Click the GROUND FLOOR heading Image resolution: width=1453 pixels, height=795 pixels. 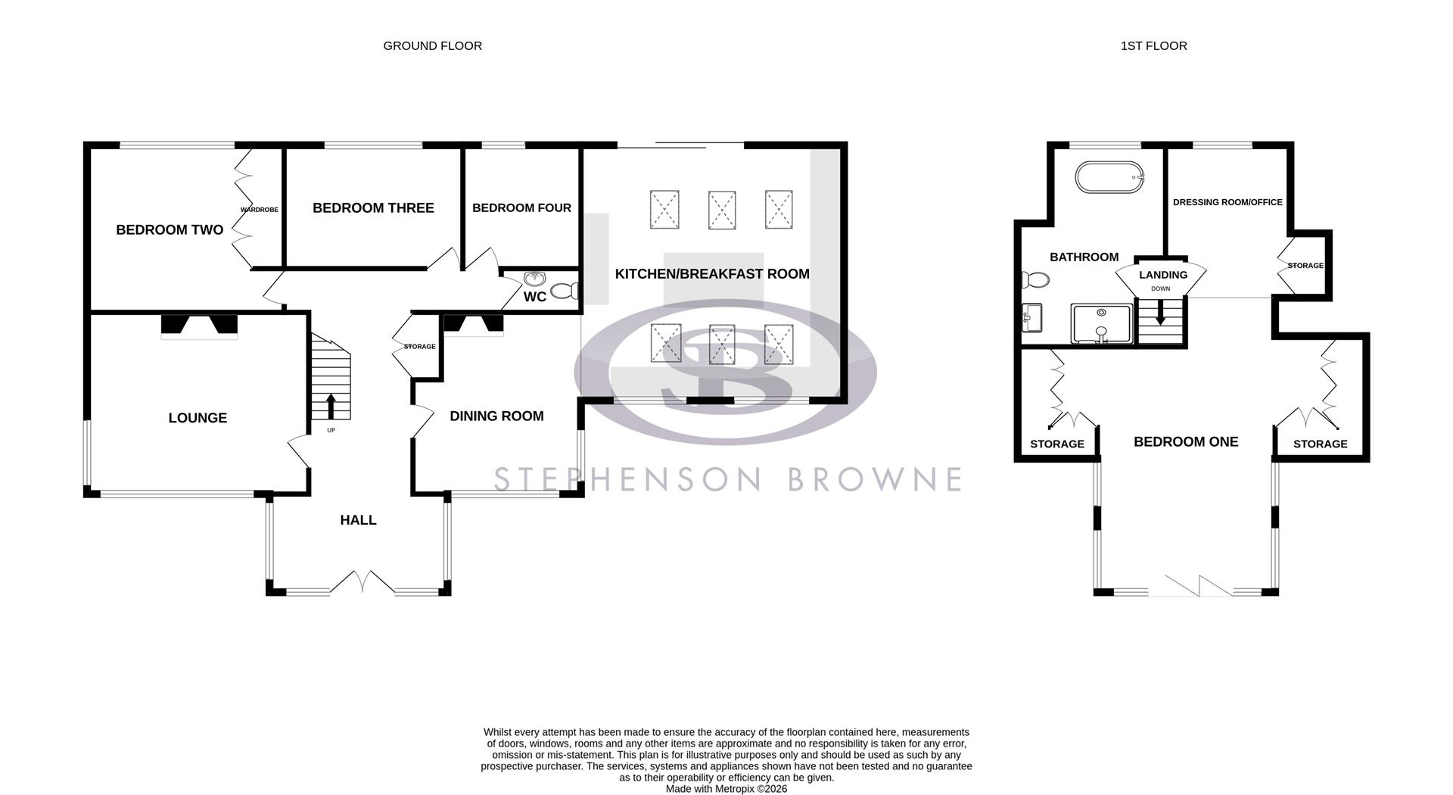(x=432, y=46)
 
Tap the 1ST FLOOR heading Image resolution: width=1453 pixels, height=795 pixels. (x=1153, y=46)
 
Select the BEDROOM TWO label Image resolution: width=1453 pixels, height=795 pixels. (x=170, y=230)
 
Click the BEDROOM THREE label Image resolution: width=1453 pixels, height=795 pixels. (x=373, y=208)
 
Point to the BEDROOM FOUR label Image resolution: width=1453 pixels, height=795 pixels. (x=521, y=208)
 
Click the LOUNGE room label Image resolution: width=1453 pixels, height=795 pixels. (x=198, y=418)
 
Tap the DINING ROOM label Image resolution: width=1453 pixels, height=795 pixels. (x=496, y=416)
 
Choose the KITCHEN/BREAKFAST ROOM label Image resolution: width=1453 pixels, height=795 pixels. (x=712, y=274)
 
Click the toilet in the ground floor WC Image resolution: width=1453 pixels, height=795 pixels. (x=565, y=291)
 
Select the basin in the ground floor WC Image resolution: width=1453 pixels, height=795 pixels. (x=535, y=279)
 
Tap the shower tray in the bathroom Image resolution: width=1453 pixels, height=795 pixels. (x=1101, y=323)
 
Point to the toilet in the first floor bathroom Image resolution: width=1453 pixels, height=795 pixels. (x=1034, y=280)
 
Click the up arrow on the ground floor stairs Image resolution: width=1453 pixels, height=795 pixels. (x=331, y=406)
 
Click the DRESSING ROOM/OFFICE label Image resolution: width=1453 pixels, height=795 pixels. (x=1227, y=203)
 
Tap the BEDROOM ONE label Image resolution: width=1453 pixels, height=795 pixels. (x=1186, y=442)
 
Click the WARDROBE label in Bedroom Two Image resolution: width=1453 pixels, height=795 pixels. (x=260, y=210)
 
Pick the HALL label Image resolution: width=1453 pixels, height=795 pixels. (x=358, y=520)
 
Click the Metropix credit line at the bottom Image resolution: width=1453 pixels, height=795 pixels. (x=726, y=789)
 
